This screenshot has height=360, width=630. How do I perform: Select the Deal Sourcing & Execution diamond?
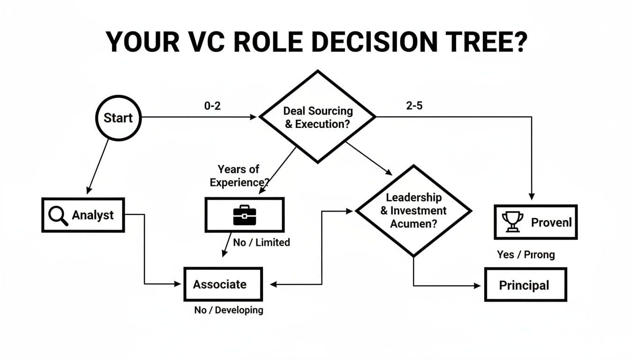pos(318,117)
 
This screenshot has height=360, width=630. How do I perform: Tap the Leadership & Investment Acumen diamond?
pos(413,210)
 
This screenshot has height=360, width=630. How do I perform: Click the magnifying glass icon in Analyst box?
pos(59,216)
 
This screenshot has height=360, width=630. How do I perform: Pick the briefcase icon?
pos(244,215)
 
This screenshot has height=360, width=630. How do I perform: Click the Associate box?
pos(223,284)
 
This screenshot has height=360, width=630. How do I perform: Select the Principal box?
pos(525,285)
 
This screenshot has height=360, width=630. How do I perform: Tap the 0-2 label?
pos(212,106)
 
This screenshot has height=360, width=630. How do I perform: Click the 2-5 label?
pos(414,106)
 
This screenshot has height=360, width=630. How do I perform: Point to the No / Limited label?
pos(261,242)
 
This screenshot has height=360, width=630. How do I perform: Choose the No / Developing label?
pos(228,310)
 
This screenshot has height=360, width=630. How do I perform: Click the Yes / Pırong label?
pos(525,255)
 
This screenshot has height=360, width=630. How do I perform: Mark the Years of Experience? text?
pos(238,176)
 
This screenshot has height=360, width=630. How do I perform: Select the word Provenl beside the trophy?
pos(551,222)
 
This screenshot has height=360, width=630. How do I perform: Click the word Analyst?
pos(93,215)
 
